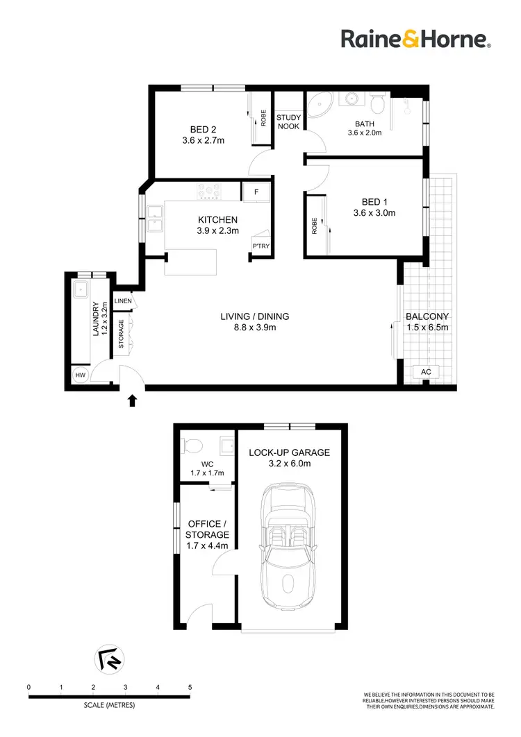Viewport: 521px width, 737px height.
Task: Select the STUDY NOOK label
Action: point(288,121)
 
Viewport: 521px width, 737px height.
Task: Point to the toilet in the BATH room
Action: point(378,105)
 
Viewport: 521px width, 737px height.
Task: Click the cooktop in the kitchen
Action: point(210,189)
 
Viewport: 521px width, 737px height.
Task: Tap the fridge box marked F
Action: point(255,192)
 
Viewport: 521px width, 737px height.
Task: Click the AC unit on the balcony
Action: point(427,373)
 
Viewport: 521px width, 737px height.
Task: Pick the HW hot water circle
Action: point(81,375)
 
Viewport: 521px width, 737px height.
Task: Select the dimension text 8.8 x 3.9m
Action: point(254,328)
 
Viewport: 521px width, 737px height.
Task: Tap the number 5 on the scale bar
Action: point(190,687)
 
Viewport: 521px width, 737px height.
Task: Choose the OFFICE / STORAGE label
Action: point(206,530)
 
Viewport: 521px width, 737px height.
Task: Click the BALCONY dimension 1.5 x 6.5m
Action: point(427,328)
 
